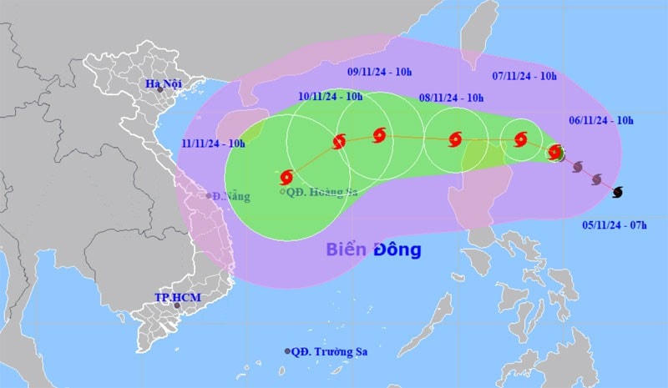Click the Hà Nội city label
click(163, 83)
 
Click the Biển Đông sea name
click(373, 249)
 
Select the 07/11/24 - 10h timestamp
click(524, 76)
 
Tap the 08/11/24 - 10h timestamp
click(452, 98)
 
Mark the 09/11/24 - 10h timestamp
click(381, 73)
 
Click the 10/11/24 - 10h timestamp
click(331, 97)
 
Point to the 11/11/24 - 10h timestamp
click(214, 144)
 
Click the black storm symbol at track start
click(617, 193)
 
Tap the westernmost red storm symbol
click(288, 177)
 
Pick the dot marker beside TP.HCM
click(176, 306)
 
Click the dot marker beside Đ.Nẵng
click(208, 196)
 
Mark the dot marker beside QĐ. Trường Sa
click(288, 351)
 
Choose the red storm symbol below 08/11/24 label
click(455, 139)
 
